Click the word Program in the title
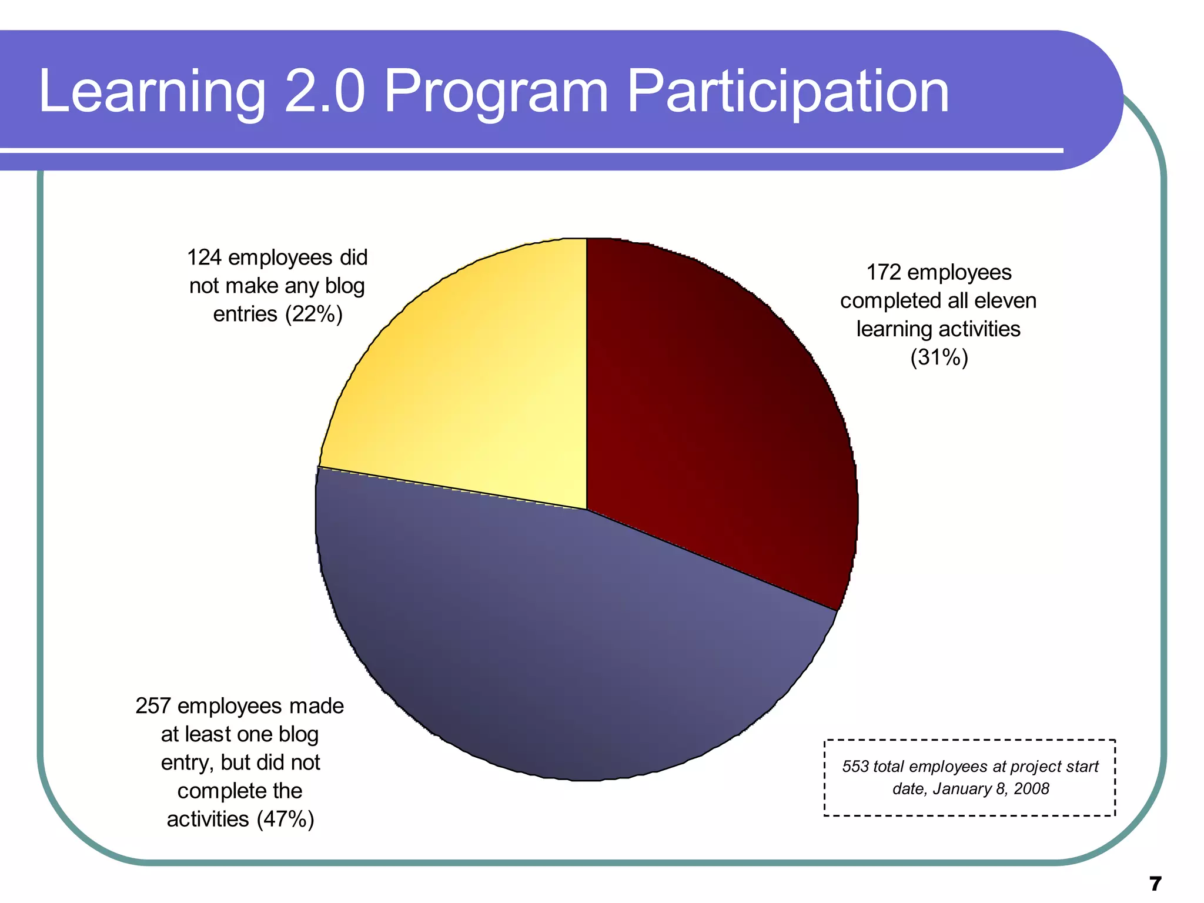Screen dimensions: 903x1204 point(496,92)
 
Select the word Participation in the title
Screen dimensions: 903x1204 point(788,92)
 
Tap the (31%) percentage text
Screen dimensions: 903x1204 point(939,357)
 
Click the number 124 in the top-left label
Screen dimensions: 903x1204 point(204,258)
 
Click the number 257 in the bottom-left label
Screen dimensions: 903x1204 point(153,706)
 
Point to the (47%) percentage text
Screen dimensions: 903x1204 point(286,820)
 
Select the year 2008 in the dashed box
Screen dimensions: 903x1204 point(1032,789)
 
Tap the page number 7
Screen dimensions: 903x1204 point(1155,884)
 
